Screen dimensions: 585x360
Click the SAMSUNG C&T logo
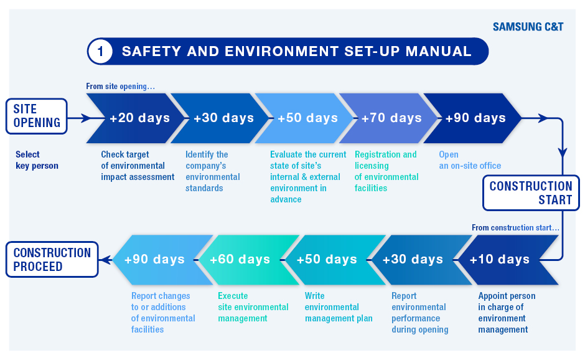pyautogui.click(x=528, y=27)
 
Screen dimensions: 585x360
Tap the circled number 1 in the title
pyautogui.click(x=100, y=51)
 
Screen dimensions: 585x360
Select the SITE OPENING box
pyautogui.click(x=37, y=116)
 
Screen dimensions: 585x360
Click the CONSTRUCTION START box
pyautogui.click(x=530, y=193)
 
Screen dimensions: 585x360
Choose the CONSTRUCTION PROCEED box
pyautogui.click(x=52, y=260)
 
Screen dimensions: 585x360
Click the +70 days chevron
pyautogui.click(x=388, y=118)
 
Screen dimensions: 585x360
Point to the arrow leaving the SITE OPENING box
pyautogui.click(x=80, y=118)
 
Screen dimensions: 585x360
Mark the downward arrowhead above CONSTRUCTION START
pyautogui.click(x=562, y=153)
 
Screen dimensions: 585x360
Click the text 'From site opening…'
pyautogui.click(x=120, y=87)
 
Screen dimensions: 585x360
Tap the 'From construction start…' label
pyautogui.click(x=515, y=227)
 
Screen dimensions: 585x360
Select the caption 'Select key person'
pyautogui.click(x=37, y=160)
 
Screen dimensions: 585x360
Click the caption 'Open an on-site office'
pyautogui.click(x=470, y=160)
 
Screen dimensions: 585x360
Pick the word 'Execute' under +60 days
pyautogui.click(x=233, y=296)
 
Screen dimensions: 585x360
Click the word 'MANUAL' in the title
pyautogui.click(x=438, y=51)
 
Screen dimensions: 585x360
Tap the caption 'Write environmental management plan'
pyautogui.click(x=339, y=307)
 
